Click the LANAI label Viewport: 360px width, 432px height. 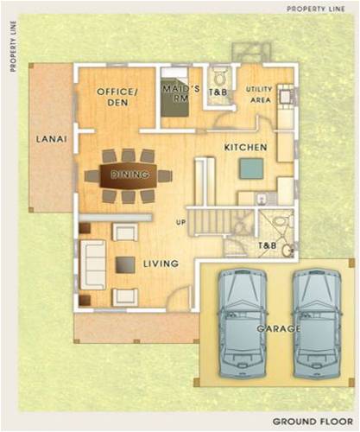click(52, 139)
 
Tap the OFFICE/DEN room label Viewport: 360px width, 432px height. click(117, 97)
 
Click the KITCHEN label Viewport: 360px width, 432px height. click(245, 148)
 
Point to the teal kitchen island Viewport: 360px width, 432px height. click(252, 168)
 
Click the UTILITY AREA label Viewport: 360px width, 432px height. click(259, 95)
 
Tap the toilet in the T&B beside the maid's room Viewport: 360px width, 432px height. click(220, 78)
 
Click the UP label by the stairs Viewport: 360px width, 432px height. click(181, 222)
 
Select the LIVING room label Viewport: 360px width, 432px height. click(161, 264)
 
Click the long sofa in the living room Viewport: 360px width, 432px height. click(92, 264)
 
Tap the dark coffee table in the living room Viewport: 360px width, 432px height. click(125, 264)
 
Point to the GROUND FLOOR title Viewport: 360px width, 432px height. click(313, 422)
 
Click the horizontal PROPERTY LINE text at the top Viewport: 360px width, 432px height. click(316, 9)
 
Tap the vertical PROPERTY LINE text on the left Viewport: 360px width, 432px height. click(13, 47)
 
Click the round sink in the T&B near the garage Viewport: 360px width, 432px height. click(287, 251)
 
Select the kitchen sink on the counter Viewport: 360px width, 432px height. click(262, 199)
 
